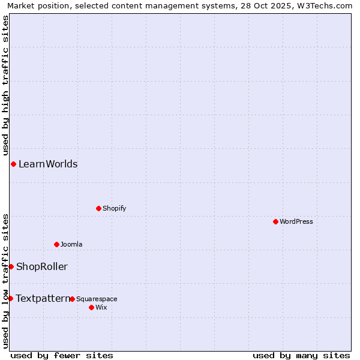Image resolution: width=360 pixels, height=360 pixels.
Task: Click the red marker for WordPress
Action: click(275, 221)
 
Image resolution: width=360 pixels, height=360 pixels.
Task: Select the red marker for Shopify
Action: click(98, 208)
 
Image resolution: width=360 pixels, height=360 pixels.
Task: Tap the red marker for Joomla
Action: click(56, 244)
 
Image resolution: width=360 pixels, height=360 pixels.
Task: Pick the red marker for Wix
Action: click(91, 307)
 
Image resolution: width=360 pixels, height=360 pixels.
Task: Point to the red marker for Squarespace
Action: click(72, 299)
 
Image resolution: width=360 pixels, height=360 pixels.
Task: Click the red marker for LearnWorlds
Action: click(13, 164)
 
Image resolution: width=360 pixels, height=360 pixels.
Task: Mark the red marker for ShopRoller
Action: click(11, 266)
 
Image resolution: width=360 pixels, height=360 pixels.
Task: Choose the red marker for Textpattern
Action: click(10, 298)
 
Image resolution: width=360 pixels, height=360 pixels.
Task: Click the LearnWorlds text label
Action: click(48, 164)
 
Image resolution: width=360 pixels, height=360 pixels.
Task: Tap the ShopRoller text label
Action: click(42, 267)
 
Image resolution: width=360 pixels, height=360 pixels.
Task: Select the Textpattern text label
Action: click(43, 299)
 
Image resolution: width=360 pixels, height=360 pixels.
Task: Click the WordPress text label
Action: click(296, 222)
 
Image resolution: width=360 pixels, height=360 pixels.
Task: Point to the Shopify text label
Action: click(115, 209)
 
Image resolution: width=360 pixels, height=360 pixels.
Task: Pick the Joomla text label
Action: click(71, 245)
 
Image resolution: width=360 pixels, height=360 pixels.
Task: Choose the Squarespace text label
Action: click(97, 299)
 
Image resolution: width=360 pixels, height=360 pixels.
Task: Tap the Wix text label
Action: click(101, 308)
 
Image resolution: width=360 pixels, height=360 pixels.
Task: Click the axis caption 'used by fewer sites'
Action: click(62, 355)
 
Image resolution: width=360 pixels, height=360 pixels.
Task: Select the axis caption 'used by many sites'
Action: click(301, 355)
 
